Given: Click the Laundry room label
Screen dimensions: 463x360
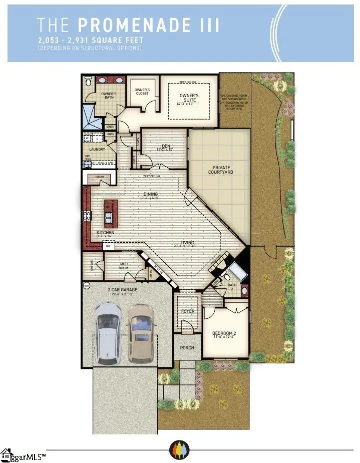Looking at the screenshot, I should click(96, 149).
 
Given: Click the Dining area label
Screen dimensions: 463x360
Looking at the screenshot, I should click(150, 194).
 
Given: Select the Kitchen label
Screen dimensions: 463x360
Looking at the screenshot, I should click(105, 233).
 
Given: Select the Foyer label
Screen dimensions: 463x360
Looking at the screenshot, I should click(188, 311).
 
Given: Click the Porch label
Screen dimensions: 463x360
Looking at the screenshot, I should click(187, 348).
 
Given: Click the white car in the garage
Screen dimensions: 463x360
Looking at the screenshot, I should click(108, 332).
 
